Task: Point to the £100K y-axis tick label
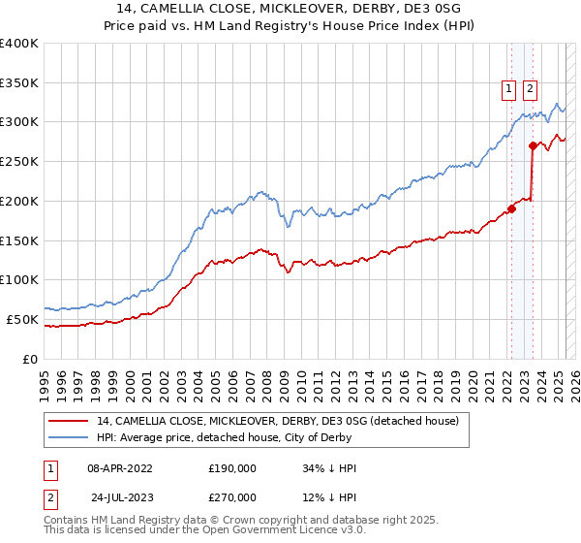click(19, 279)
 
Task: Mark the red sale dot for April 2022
click(511, 208)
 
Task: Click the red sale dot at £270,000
click(533, 145)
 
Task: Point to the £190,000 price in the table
click(232, 468)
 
